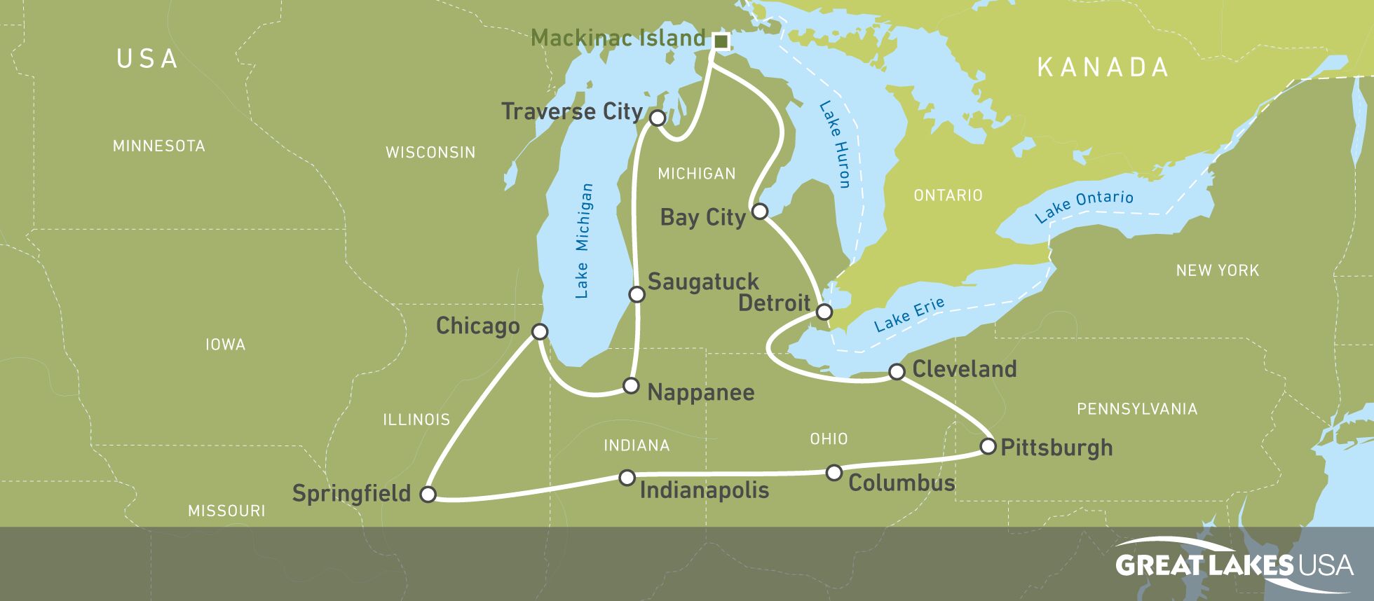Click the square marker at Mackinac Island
720,42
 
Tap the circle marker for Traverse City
657,118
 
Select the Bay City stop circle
759,211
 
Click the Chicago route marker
539,331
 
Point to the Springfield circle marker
428,494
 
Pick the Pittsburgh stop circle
987,446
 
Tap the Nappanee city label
700,392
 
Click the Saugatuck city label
702,282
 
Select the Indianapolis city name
704,490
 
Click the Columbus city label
901,483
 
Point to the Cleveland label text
964,369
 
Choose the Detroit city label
774,303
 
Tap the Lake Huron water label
834,145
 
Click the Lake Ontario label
1084,205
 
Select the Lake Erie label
909,315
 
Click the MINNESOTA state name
159,146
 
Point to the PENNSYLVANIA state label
1136,409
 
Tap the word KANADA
1103,68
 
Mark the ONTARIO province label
948,195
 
